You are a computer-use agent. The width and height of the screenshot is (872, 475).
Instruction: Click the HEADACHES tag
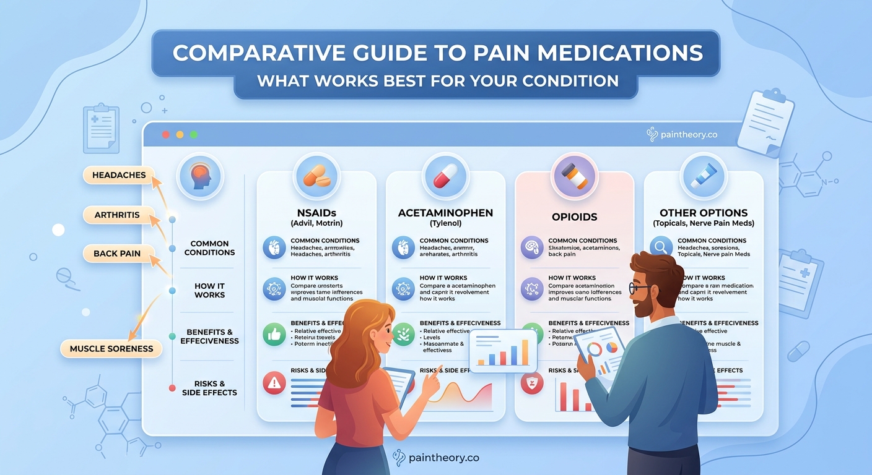[119, 175]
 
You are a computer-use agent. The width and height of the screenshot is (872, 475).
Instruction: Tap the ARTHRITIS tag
[116, 215]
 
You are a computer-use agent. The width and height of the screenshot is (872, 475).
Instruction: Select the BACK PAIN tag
[117, 253]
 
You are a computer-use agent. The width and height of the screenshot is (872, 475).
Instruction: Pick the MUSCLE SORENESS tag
[111, 349]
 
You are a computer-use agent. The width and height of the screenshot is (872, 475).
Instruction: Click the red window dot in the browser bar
[165, 134]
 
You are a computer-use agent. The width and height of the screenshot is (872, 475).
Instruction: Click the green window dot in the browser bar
[194, 134]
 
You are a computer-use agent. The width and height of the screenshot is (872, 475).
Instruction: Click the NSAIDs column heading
[316, 213]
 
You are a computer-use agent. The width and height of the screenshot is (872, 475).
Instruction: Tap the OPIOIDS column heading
[574, 217]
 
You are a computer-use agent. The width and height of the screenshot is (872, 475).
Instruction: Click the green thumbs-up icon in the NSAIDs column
[274, 335]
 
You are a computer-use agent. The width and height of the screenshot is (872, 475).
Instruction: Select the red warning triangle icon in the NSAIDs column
[274, 383]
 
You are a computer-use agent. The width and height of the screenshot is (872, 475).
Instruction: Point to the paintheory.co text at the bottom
[444, 458]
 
